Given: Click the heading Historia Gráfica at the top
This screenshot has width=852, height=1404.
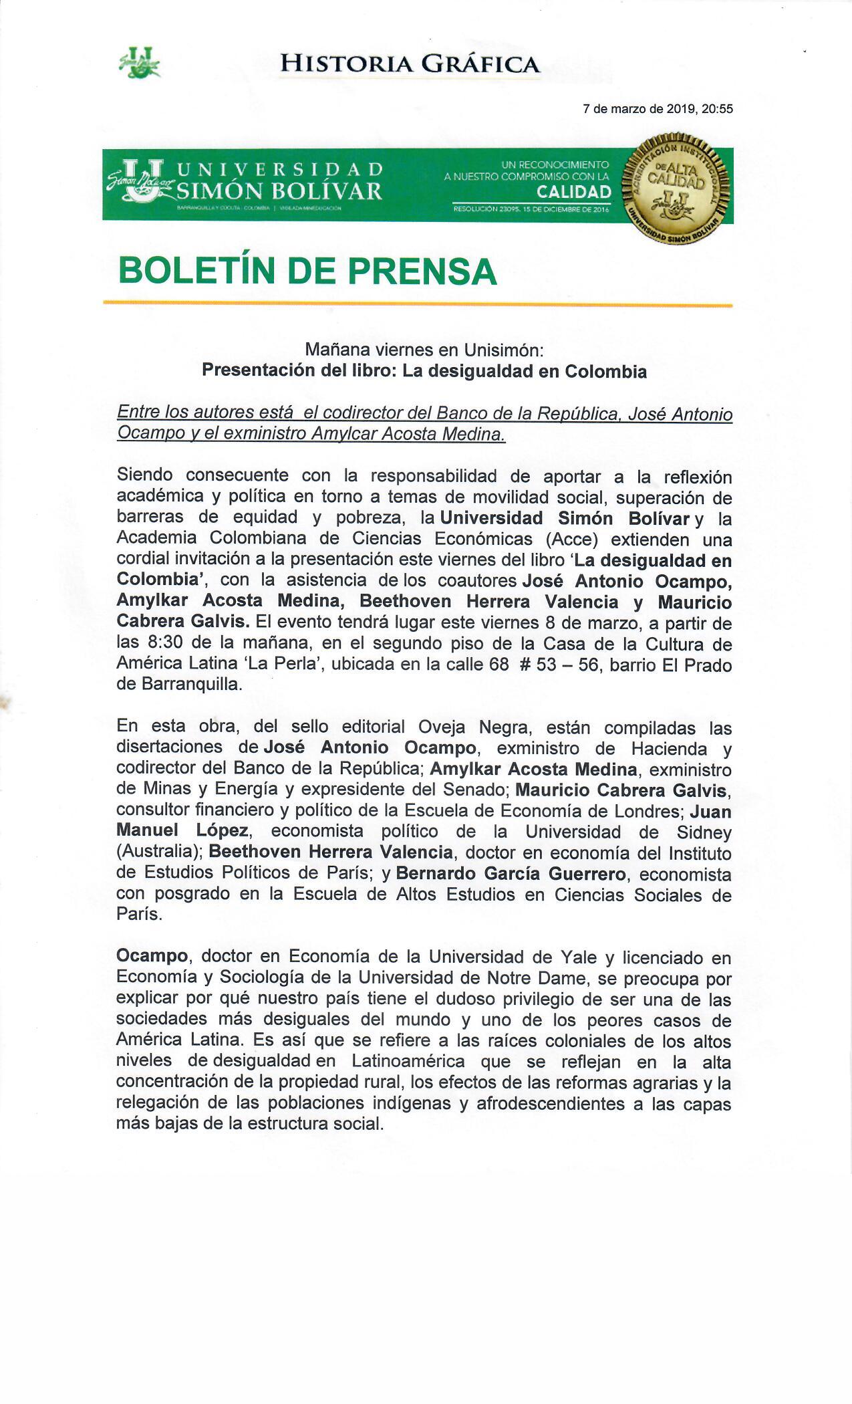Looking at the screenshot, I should click(x=410, y=64).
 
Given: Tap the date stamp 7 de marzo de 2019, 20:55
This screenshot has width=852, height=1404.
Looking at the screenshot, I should click(x=658, y=109).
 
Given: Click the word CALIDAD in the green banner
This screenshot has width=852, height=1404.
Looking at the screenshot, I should click(x=574, y=193).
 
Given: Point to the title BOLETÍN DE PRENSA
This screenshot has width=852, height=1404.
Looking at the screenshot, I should click(x=307, y=271).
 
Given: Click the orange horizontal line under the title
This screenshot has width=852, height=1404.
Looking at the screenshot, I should click(x=418, y=305).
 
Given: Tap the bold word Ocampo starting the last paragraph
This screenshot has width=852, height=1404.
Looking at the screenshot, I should click(x=152, y=957).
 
